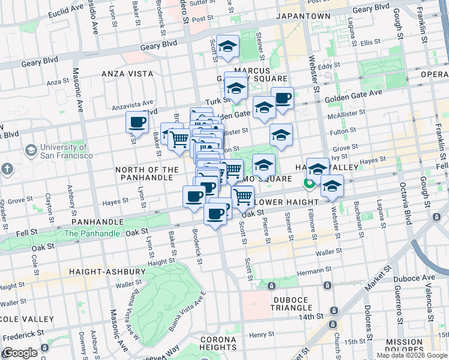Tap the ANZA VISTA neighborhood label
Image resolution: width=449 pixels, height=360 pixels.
[x=127, y=74]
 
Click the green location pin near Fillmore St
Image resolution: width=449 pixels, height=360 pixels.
[x=310, y=184]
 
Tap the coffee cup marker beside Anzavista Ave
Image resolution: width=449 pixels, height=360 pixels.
[x=137, y=123]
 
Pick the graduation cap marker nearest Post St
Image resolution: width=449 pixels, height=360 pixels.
[x=228, y=47]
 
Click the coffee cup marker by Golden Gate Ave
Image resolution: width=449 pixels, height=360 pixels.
[x=282, y=98]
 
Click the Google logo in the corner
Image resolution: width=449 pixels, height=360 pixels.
[x=20, y=353]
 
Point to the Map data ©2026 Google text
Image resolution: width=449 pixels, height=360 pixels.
[x=411, y=355]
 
